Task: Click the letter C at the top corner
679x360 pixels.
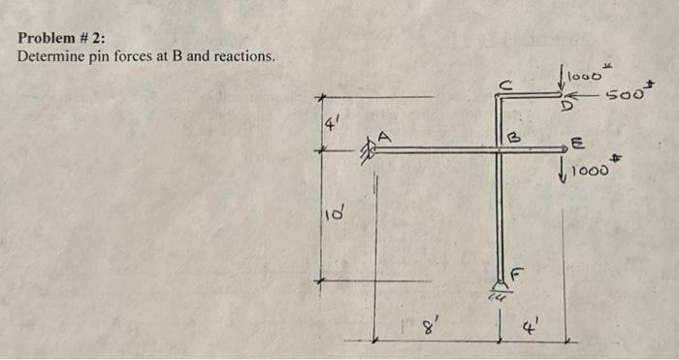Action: [x=503, y=83]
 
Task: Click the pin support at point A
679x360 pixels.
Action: [x=369, y=150]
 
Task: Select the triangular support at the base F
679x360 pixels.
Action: [x=501, y=285]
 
